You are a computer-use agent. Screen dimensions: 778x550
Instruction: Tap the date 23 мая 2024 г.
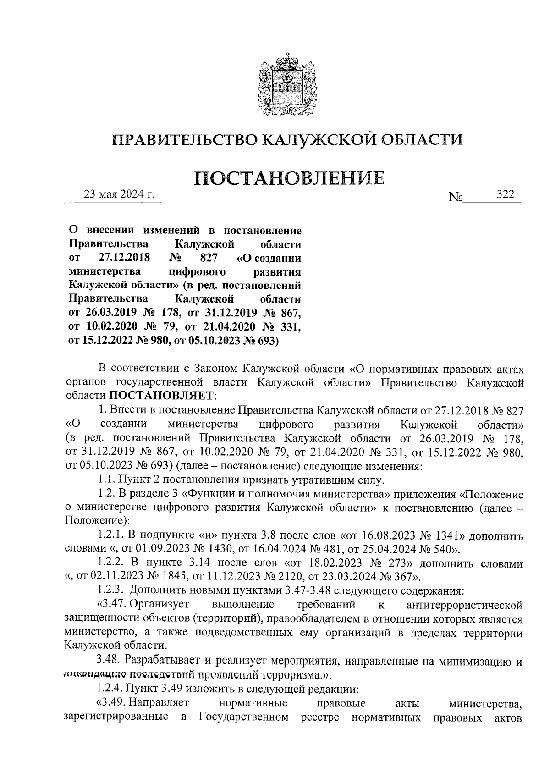pyautogui.click(x=119, y=194)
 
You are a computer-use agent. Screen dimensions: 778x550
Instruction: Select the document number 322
pyautogui.click(x=506, y=194)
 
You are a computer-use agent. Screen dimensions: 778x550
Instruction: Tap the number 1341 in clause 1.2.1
pyautogui.click(x=445, y=536)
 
